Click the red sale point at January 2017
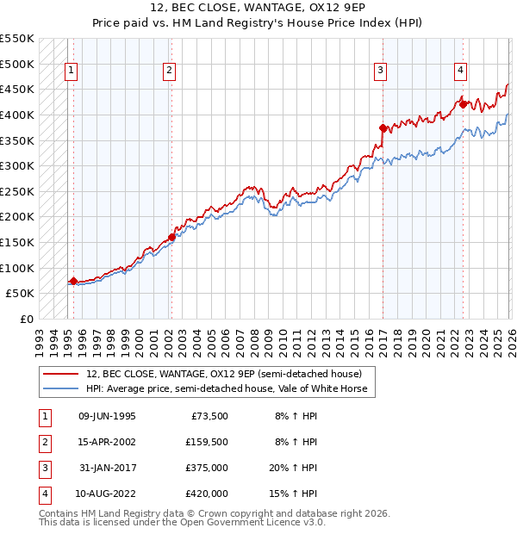pos(383,127)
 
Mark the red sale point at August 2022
pos(463,104)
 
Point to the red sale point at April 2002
pos(171,237)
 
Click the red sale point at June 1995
pos(73,281)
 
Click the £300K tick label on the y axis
pos(16,165)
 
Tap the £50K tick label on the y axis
pos(20,294)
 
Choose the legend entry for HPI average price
pos(226,388)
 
